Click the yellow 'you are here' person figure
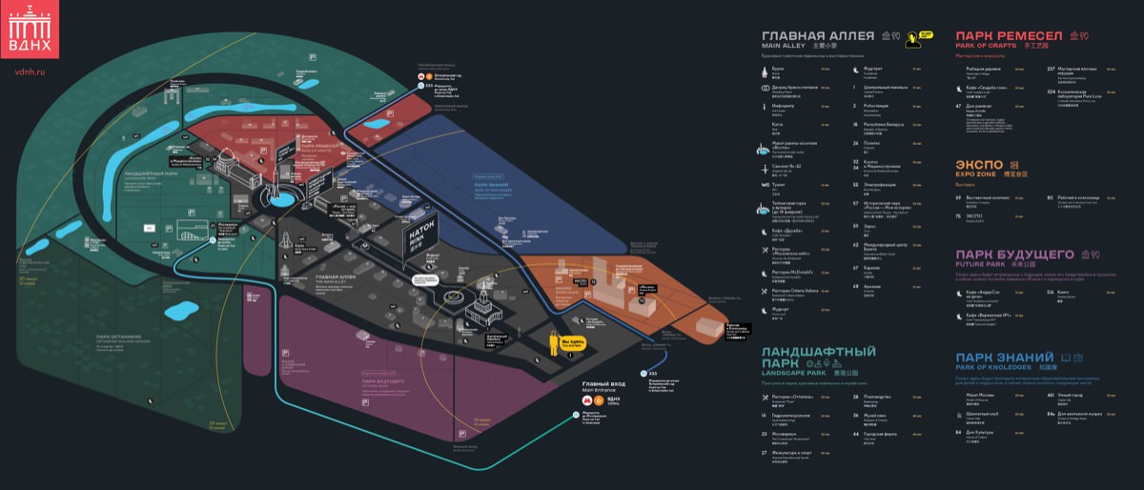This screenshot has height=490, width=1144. pyautogui.click(x=553, y=340)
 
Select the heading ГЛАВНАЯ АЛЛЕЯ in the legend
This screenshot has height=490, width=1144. pyautogui.click(x=818, y=35)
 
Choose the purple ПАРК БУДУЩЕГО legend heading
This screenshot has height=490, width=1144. pyautogui.click(x=1014, y=255)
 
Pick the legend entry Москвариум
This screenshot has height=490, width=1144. pyautogui.click(x=784, y=433)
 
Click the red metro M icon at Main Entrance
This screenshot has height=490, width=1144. pyautogui.click(x=584, y=401)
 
